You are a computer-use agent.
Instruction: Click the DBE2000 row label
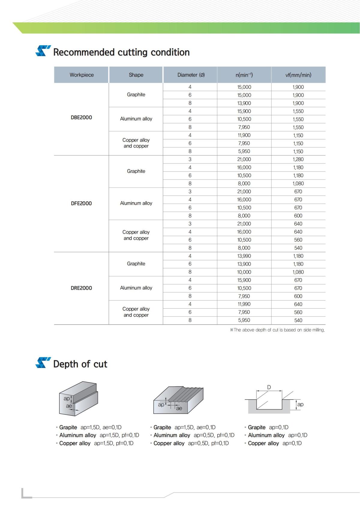coord(81,118)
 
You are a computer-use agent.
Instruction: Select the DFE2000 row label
coord(81,203)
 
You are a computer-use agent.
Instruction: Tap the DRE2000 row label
coord(81,288)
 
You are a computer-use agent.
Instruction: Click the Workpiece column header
coord(82,75)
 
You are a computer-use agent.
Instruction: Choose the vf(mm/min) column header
coord(298,75)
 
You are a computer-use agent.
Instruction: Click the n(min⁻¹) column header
coord(244,75)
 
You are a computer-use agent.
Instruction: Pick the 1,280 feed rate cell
coord(298,159)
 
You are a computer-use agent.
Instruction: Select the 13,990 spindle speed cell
coord(244,256)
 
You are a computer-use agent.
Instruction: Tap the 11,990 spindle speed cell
coord(244,304)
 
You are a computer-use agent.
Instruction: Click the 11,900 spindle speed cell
coord(244,135)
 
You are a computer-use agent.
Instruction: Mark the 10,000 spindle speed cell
coord(244,272)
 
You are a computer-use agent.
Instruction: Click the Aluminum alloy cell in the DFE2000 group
coord(136,203)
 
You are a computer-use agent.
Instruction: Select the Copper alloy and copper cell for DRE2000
coord(136,312)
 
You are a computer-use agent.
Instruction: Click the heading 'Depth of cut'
coord(80,364)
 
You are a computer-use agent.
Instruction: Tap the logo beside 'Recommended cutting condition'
coord(43,51)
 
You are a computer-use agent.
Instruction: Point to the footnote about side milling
coord(277,330)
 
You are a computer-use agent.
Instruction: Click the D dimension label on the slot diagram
coord(269,387)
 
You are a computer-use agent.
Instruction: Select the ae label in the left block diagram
coord(69,406)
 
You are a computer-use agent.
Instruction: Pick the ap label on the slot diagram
coord(300,404)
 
